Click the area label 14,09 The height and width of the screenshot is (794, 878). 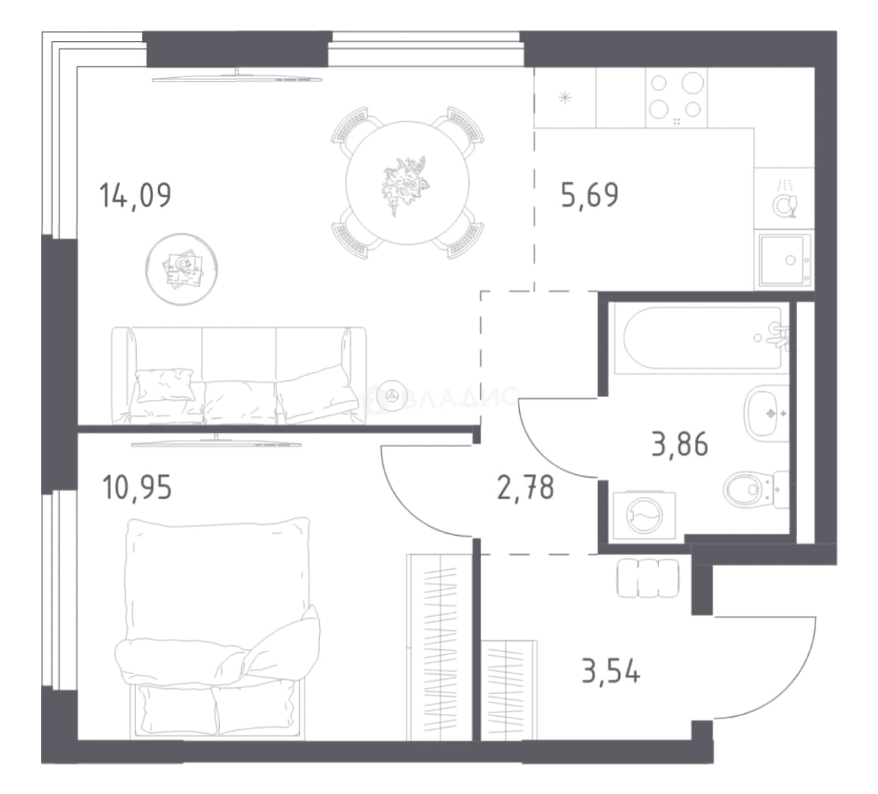[x=135, y=196]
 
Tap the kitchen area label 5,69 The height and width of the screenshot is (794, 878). [x=590, y=195]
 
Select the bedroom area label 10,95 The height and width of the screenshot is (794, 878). [x=138, y=487]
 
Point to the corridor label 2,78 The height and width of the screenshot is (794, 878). [x=525, y=487]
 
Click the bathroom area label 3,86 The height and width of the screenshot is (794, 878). [x=679, y=444]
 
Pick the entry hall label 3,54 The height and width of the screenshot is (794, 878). [x=611, y=670]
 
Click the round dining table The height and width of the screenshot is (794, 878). [x=407, y=182]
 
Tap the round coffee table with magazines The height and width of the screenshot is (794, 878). [x=182, y=269]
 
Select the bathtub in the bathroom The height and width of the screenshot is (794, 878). [x=702, y=338]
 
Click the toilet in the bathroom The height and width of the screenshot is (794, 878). [x=756, y=489]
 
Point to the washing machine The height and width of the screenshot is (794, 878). [x=644, y=515]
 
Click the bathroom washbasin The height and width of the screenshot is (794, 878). [x=765, y=413]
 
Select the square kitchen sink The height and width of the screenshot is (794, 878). [x=785, y=260]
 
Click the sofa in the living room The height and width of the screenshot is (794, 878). [x=239, y=375]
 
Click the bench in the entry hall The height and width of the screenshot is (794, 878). [x=648, y=578]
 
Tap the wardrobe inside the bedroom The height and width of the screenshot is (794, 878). [x=440, y=647]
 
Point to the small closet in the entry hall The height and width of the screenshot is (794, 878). [x=509, y=690]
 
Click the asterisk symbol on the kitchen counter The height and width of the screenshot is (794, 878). [x=565, y=99]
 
